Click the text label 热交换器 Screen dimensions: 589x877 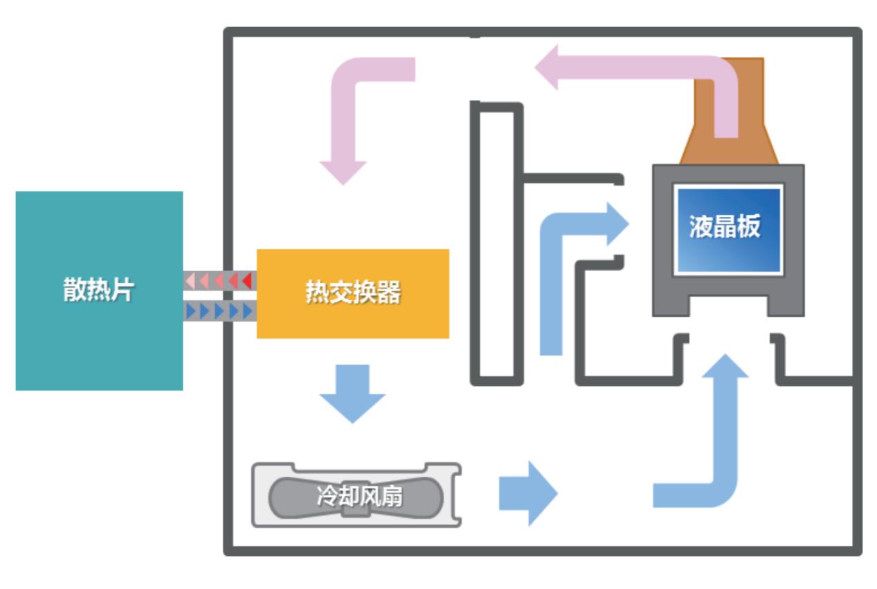(353, 293)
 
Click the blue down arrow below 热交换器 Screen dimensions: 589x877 (352, 394)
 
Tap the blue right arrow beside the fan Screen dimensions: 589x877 (528, 493)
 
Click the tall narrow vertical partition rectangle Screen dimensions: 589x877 (493, 243)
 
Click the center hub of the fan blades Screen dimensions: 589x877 (356, 500)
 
